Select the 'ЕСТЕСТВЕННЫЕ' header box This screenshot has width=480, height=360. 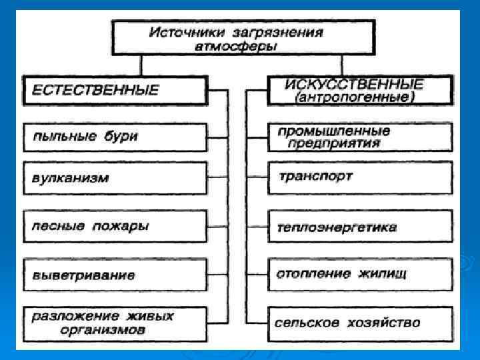tap(115, 90)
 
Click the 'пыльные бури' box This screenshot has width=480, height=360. tap(115, 137)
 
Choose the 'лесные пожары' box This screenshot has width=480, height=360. tap(115, 226)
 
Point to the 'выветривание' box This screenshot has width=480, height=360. tap(115, 275)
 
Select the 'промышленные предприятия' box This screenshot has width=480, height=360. tap(359, 137)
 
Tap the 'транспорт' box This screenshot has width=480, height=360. tap(359, 177)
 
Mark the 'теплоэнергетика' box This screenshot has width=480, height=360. tap(359, 227)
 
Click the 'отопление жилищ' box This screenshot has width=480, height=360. tap(359, 273)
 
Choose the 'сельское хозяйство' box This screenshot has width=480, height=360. tap(359, 323)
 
